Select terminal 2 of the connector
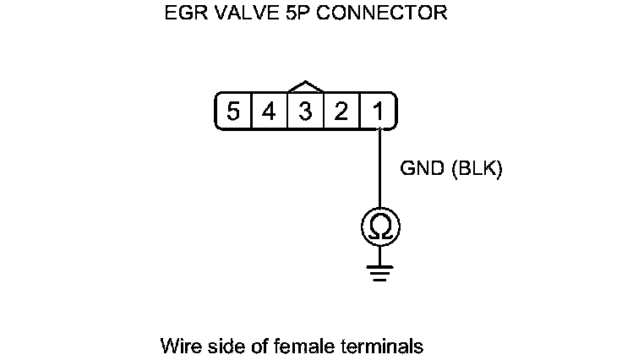[x=341, y=111]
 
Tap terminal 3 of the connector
[x=305, y=111]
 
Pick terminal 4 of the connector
[x=269, y=111]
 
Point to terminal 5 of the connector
[x=232, y=111]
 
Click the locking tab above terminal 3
[x=305, y=87]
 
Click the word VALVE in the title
[x=236, y=14]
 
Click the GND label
[x=421, y=170]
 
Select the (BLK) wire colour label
[x=477, y=170]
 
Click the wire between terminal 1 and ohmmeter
[x=379, y=169]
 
